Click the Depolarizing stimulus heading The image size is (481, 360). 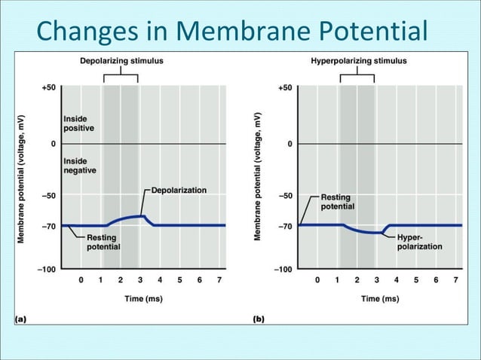pos(121,60)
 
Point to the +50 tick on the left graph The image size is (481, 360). pos(48,88)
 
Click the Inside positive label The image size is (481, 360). pos(79,124)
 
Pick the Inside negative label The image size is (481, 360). pos(79,166)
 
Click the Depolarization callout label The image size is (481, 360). pos(179,191)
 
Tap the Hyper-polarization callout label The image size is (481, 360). pos(419,241)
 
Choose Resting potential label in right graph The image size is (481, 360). pos(338,201)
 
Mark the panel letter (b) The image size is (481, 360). pos(258,319)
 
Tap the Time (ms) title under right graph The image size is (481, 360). pos(381,298)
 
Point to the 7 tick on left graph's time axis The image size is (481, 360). pos(219,280)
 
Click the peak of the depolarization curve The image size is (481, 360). pos(142,216)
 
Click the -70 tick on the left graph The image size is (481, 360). pos(48,226)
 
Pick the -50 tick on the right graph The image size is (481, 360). pos(284,196)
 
